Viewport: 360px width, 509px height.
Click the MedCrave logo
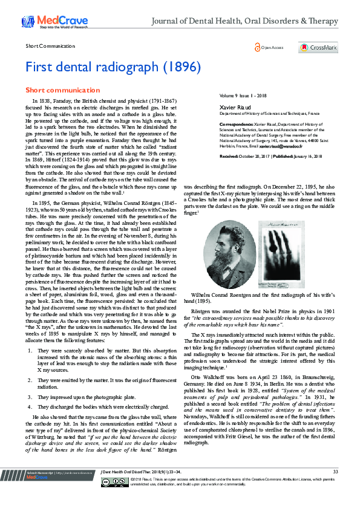click(44, 21)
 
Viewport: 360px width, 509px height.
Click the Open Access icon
click(258, 47)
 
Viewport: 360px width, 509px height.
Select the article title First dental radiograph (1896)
click(113, 67)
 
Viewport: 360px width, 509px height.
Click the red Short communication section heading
click(54, 89)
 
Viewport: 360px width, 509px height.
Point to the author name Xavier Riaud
click(232, 106)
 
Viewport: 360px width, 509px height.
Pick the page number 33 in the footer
click(335, 488)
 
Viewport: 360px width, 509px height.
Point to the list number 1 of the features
click(40, 350)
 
